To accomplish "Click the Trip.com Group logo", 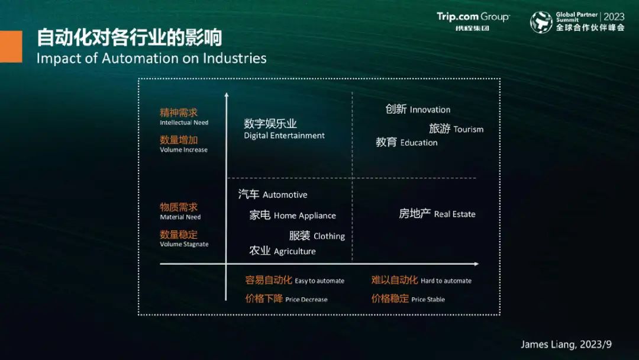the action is (x=473, y=21).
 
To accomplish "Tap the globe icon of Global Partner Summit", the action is (x=541, y=22).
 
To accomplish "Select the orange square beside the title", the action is (x=11, y=47).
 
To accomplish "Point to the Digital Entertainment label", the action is (x=284, y=129).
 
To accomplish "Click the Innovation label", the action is (x=418, y=110).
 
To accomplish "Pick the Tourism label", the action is (x=456, y=129).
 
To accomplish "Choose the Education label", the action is (x=406, y=142).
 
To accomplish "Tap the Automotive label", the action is (x=273, y=194).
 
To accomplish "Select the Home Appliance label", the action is (x=293, y=216).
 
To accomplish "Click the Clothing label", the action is (x=317, y=236).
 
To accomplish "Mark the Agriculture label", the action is (x=282, y=250).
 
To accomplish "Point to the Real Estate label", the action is (x=437, y=214).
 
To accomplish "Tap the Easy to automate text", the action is (x=319, y=281).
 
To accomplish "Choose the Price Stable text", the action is (x=428, y=299).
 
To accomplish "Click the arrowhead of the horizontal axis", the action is (x=476, y=263).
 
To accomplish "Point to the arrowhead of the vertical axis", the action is (x=227, y=95).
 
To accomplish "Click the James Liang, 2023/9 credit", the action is (x=566, y=345).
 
